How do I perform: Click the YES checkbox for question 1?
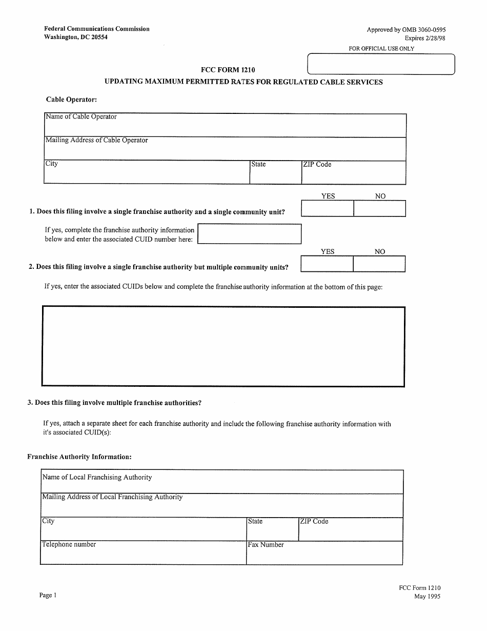[327, 208]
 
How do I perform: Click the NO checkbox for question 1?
[380, 208]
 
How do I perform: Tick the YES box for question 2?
[327, 264]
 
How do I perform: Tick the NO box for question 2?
[379, 264]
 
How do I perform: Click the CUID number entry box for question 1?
[249, 234]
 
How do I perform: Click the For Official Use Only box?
[380, 65]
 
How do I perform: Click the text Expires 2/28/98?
[421, 38]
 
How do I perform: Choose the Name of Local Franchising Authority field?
[221, 482]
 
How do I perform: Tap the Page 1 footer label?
[48, 596]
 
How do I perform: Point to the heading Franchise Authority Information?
[79, 457]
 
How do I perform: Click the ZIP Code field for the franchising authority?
[351, 529]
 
